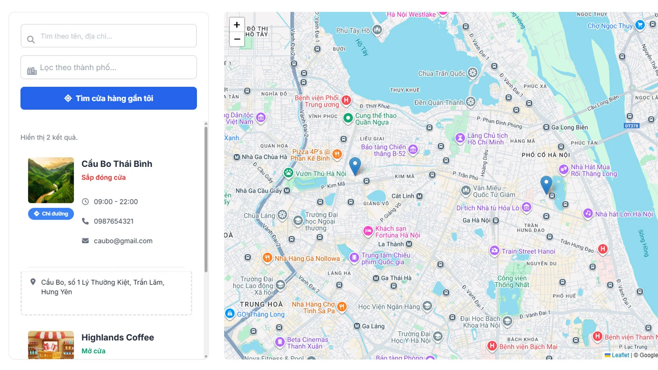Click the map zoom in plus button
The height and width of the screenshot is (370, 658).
(237, 25)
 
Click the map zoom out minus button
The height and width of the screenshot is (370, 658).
(237, 39)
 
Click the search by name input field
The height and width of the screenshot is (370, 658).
(109, 36)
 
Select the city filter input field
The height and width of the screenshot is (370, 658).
(109, 67)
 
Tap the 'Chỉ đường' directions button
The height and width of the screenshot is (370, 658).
(51, 214)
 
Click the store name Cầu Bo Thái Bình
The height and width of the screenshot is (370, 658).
(117, 164)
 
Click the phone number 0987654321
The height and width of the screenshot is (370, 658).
(114, 221)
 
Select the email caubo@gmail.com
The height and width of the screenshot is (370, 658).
(123, 241)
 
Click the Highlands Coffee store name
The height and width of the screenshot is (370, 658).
(118, 338)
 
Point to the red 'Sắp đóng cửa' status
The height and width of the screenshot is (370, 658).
(104, 178)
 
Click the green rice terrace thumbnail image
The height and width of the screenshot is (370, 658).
(51, 180)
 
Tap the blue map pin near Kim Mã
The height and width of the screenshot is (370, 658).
(355, 165)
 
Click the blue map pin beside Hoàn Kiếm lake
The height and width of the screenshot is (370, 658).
(546, 184)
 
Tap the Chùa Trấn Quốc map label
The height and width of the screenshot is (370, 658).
(442, 74)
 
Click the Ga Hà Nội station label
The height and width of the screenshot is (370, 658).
(477, 220)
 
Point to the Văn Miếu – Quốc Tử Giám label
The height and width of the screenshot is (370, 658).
(493, 191)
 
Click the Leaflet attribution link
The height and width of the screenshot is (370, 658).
(620, 355)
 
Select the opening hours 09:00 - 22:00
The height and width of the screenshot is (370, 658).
(116, 202)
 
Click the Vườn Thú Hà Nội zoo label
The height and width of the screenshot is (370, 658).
(321, 173)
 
